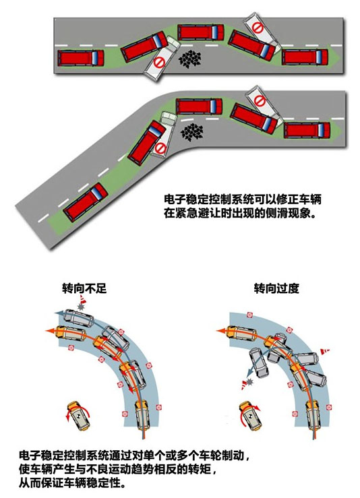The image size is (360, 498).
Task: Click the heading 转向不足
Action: tap(84, 288)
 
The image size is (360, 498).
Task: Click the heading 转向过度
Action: tap(276, 288)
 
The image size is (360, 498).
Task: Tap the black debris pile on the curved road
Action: tap(191, 132)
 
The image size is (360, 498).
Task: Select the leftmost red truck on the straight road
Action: tap(81, 58)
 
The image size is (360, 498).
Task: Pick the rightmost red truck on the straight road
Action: tap(305, 57)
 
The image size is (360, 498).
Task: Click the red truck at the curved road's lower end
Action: tap(86, 202)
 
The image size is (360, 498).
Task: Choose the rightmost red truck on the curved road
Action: tap(307, 131)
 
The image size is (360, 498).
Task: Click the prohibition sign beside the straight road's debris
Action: tap(159, 63)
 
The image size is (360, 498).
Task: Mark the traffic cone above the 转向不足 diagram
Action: tap(83, 299)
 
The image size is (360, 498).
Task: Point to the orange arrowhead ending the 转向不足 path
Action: tap(50, 331)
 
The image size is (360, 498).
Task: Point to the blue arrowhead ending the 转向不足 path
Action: tap(59, 313)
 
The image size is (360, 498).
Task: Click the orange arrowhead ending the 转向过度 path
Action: tap(220, 331)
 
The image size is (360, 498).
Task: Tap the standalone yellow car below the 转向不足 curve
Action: tap(78, 416)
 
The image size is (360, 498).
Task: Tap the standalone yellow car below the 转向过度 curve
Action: tap(250, 416)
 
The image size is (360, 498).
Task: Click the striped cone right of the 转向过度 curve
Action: tap(325, 351)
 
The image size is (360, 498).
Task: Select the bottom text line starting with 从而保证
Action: tap(72, 483)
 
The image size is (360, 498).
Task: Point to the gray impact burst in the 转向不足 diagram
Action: tap(81, 307)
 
